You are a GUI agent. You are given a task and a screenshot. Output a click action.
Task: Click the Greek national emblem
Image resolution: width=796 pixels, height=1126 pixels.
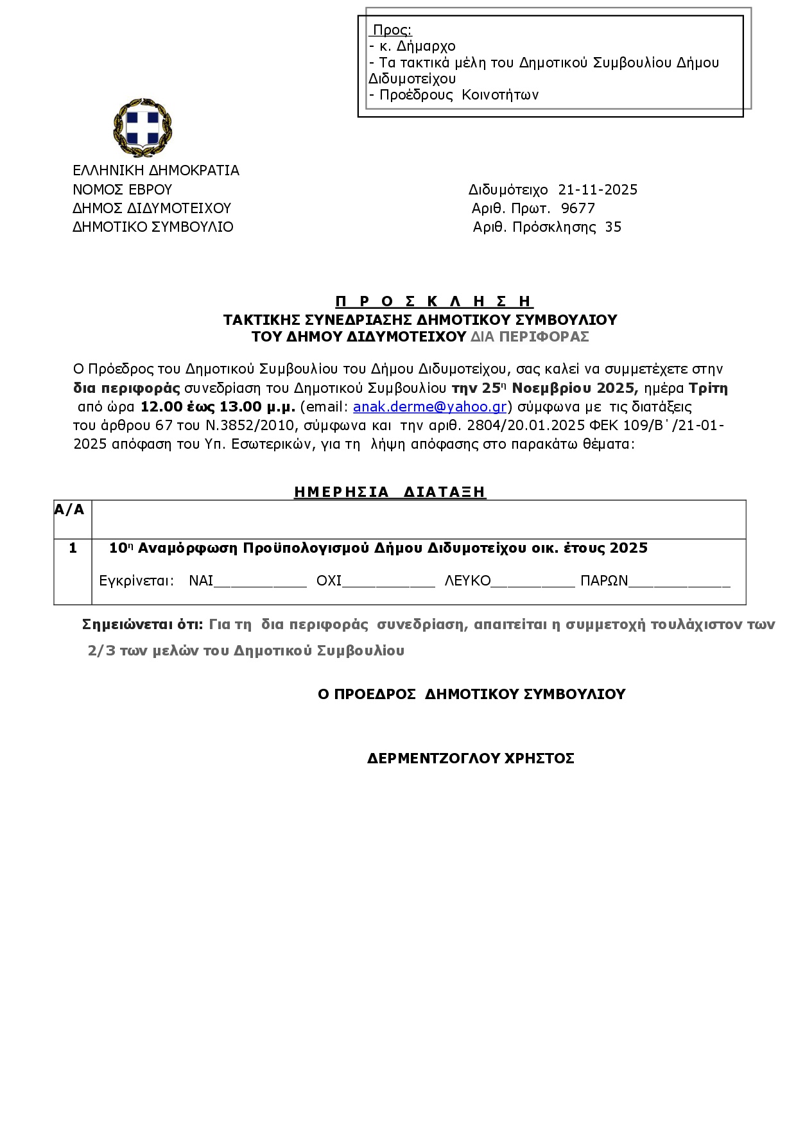(143, 128)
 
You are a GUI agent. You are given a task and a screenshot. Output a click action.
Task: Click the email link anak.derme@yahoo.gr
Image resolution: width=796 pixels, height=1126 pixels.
(429, 406)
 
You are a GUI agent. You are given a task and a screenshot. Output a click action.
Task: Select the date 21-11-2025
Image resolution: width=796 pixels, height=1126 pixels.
(598, 190)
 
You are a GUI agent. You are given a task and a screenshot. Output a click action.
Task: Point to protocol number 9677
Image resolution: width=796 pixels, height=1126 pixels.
(578, 209)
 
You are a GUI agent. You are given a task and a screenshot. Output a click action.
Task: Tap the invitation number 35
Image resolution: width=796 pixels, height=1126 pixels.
(613, 227)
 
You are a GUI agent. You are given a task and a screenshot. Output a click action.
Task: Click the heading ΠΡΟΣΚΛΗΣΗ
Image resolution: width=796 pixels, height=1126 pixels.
(434, 301)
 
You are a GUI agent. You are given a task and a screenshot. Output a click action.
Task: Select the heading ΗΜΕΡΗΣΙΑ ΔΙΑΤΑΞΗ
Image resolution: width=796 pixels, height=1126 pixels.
(390, 492)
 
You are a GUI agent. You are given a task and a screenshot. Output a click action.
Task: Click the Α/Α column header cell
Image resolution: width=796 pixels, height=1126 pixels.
(69, 510)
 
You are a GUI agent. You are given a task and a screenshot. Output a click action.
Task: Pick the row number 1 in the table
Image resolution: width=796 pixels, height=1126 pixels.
(73, 548)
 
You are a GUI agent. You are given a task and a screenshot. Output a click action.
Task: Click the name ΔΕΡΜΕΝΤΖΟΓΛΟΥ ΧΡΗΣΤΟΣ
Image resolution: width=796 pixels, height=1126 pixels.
(471, 759)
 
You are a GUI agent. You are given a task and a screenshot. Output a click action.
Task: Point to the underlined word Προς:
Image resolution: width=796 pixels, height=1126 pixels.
(392, 30)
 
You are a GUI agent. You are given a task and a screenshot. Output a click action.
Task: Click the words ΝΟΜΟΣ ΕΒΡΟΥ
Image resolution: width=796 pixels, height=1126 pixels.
(122, 190)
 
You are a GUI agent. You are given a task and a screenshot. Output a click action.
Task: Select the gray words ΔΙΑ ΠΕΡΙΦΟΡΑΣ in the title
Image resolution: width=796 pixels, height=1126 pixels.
(530, 337)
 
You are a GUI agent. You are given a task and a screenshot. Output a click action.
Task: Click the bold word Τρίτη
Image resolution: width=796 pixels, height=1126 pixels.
(708, 388)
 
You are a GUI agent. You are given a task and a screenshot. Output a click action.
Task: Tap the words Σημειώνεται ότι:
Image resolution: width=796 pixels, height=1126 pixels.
(143, 625)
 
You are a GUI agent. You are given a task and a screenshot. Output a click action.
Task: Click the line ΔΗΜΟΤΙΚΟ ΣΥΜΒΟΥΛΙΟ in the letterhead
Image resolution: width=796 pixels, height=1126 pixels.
(153, 227)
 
